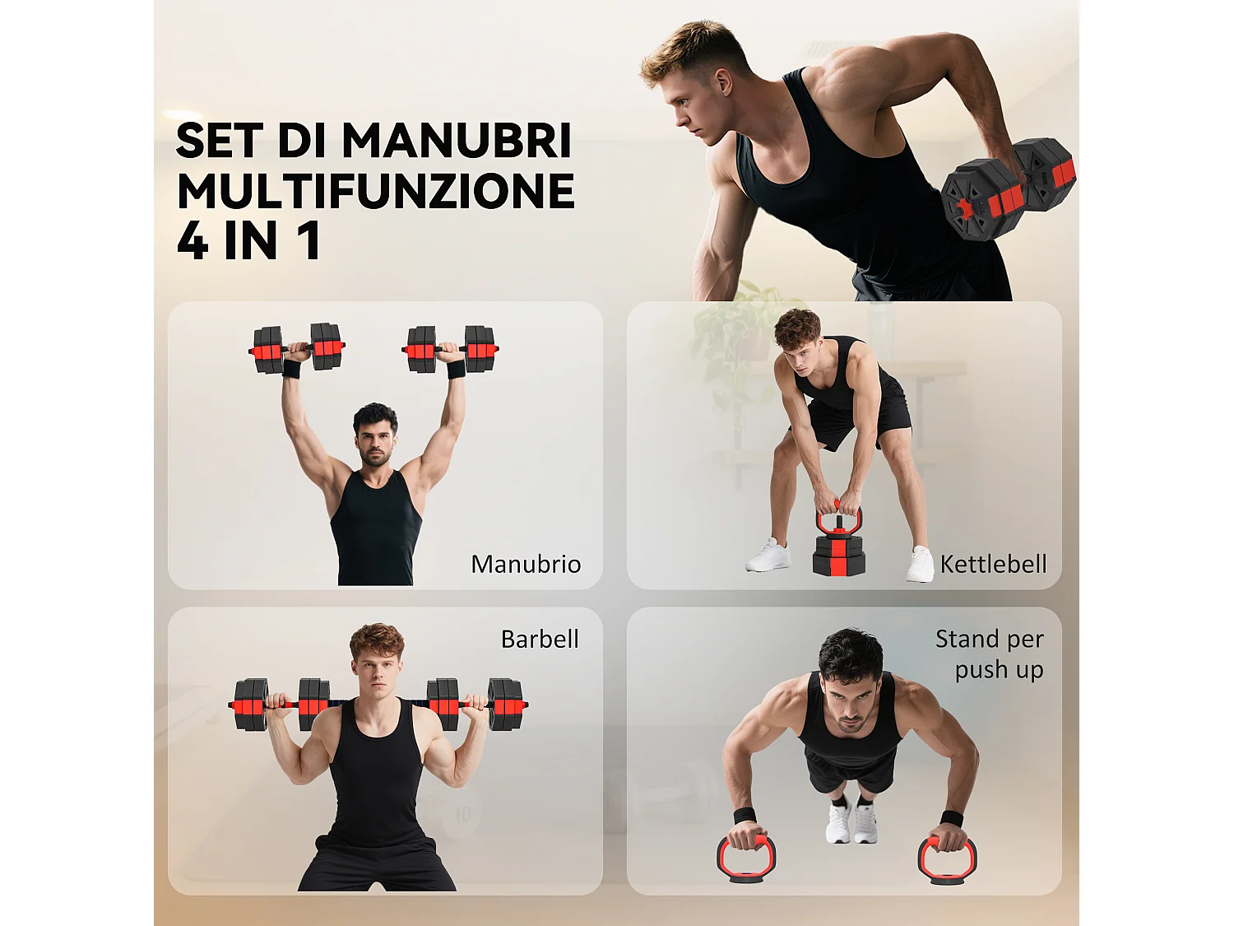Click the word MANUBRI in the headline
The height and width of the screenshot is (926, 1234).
(x=456, y=141)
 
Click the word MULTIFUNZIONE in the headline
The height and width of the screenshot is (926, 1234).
(x=375, y=191)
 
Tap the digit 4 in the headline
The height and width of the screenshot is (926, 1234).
(x=193, y=241)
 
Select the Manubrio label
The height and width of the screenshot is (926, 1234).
(x=526, y=564)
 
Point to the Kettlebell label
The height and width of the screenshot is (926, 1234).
(x=993, y=564)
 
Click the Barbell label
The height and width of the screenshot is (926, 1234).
(x=540, y=639)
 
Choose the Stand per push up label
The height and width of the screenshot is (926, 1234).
(x=990, y=654)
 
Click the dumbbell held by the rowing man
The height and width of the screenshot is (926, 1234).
(x=1008, y=189)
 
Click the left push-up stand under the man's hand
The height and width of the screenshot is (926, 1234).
(x=746, y=858)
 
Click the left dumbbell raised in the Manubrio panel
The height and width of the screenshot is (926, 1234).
(x=297, y=348)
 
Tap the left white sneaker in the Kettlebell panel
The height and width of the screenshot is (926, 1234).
(x=768, y=556)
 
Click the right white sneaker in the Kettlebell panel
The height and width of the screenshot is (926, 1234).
(x=921, y=565)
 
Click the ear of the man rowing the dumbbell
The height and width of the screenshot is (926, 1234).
(x=723, y=81)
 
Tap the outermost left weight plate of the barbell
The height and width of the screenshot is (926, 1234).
(x=250, y=705)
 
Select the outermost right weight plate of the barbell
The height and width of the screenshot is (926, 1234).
(x=505, y=705)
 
